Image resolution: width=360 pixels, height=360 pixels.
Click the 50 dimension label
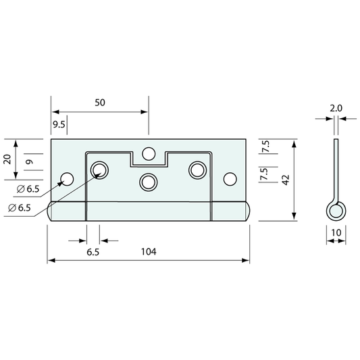100,103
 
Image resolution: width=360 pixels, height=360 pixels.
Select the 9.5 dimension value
59,125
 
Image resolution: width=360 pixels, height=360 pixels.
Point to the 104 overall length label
149,252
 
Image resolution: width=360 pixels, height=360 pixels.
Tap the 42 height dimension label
286,180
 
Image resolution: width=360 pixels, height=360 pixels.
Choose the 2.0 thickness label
336,108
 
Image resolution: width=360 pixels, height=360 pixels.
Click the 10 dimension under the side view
336,233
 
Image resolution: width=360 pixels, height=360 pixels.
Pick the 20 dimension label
7,159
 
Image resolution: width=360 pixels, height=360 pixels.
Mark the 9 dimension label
30,162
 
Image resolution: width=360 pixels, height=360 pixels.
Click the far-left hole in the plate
67,179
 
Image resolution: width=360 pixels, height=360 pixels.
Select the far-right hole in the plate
230,179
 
